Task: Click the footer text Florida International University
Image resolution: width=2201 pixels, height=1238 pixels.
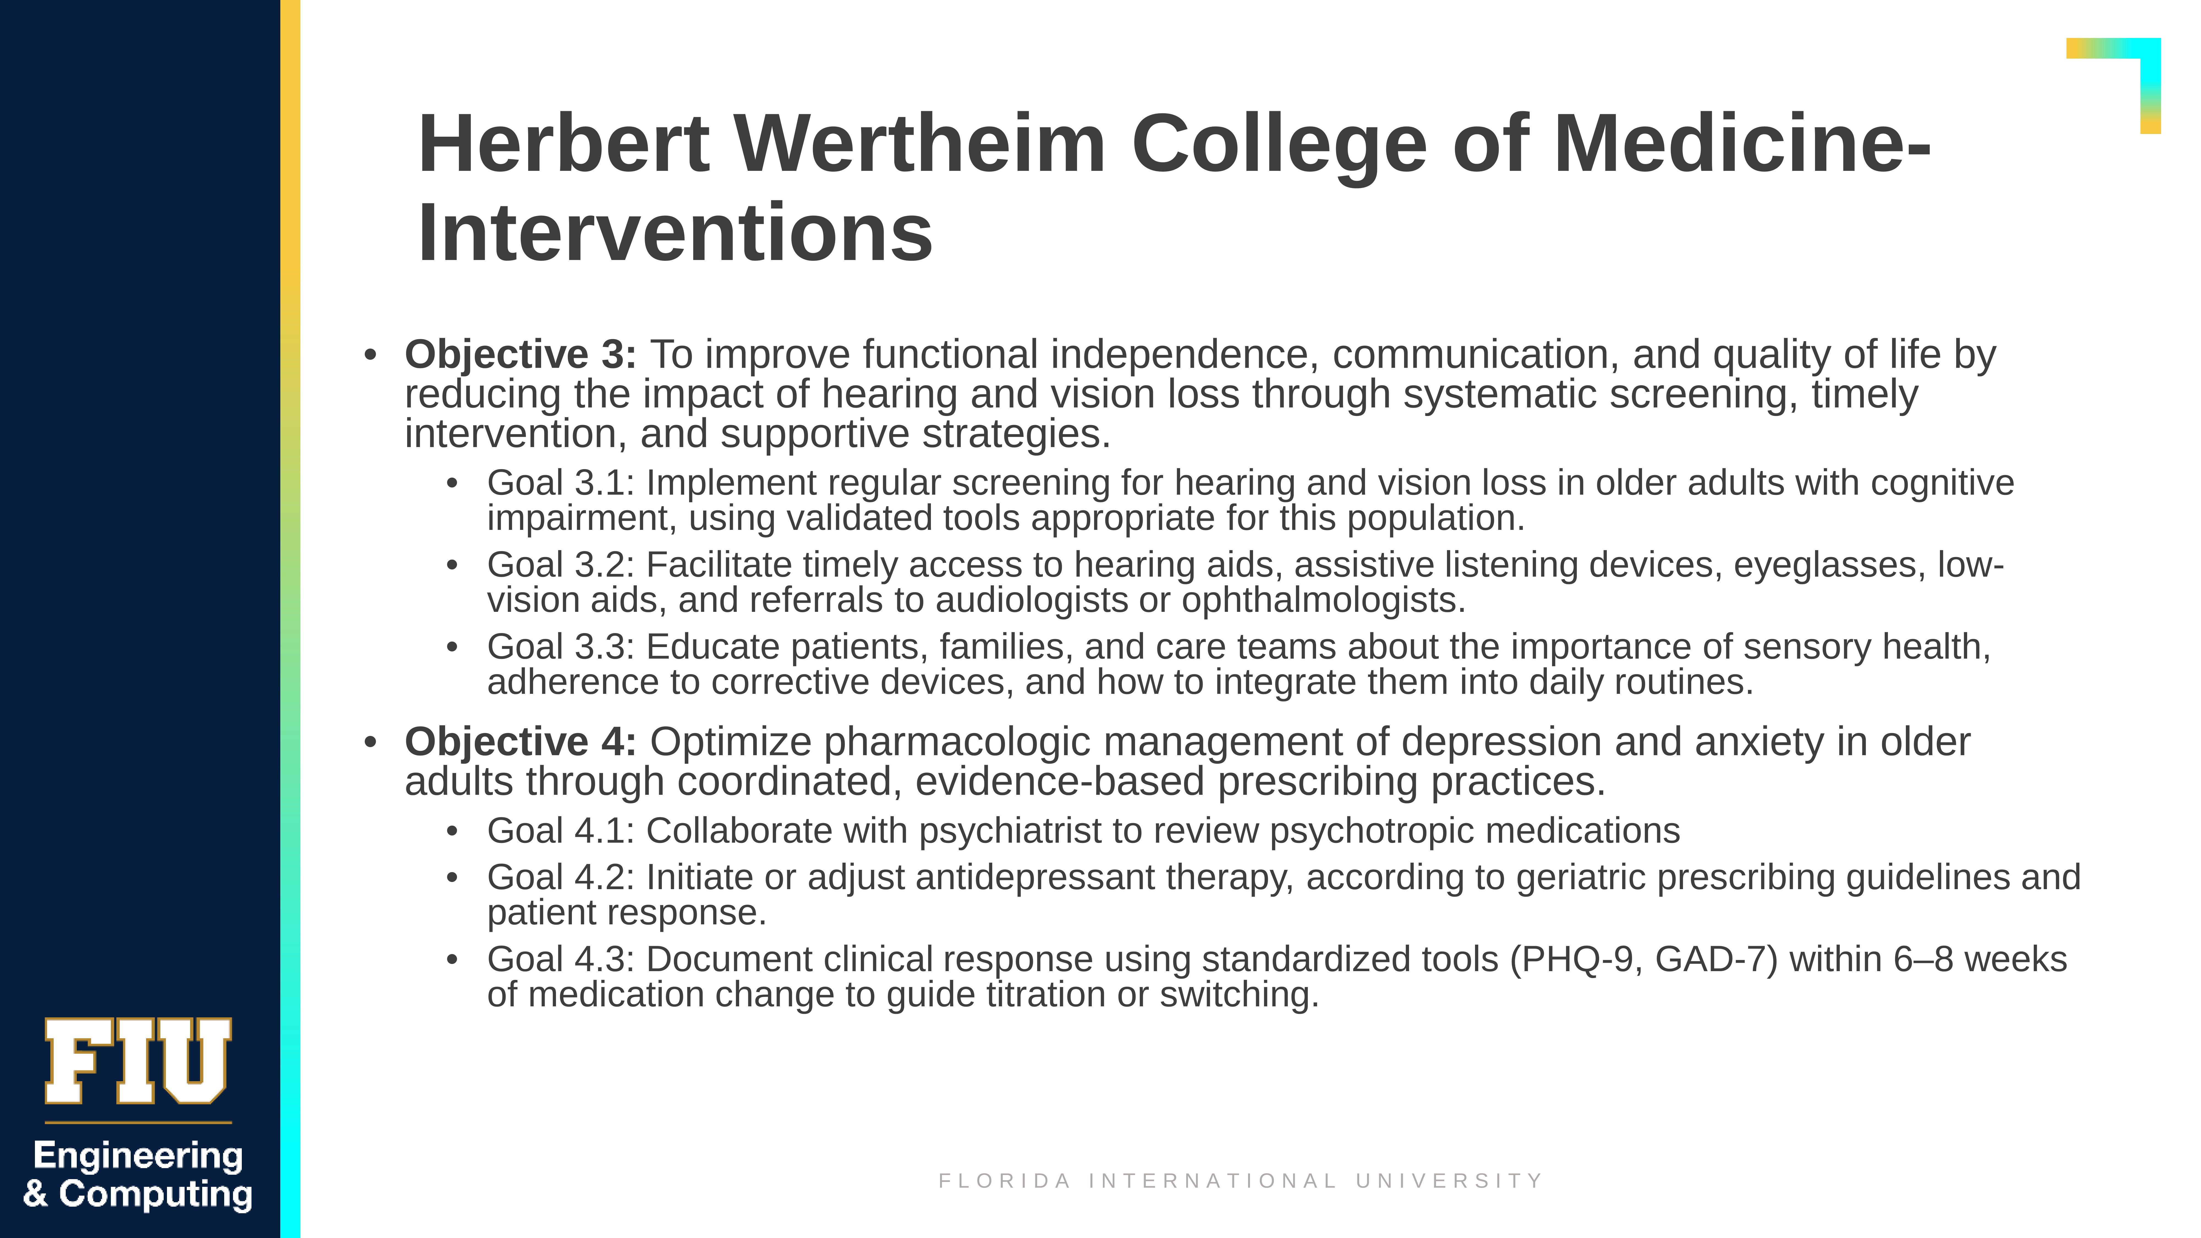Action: pyautogui.click(x=1241, y=1181)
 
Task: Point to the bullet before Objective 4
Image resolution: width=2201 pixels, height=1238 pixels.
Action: pyautogui.click(x=370, y=742)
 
